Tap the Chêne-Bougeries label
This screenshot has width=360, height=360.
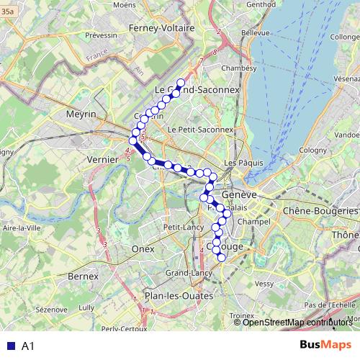(x=320, y=211)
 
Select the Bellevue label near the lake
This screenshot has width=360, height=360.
(x=256, y=33)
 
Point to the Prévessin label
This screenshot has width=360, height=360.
(x=101, y=35)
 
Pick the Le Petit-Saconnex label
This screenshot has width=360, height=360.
(x=200, y=129)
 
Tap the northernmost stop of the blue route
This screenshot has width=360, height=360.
(x=181, y=82)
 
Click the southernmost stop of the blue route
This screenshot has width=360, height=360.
(x=222, y=258)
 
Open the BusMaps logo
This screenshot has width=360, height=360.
(x=326, y=344)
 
